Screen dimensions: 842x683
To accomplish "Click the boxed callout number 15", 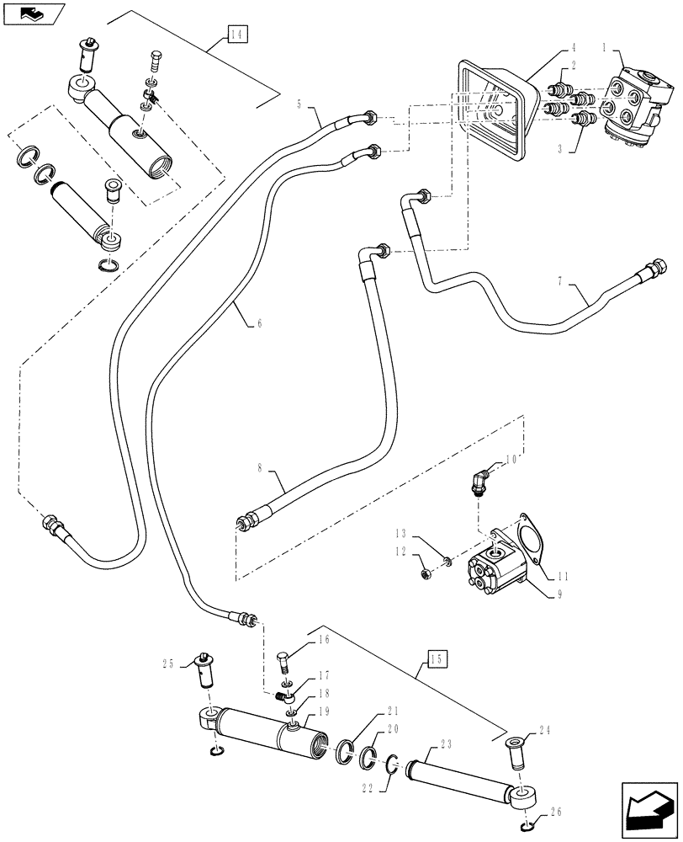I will [x=437, y=658].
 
